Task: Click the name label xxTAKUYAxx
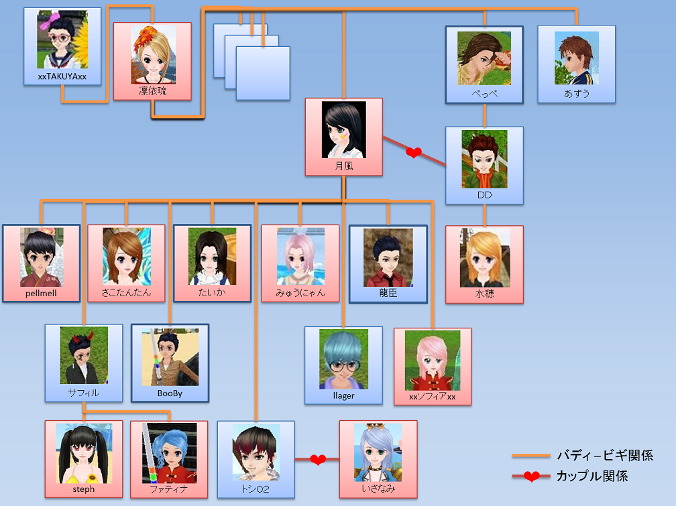click(x=62, y=77)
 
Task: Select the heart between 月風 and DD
click(x=414, y=153)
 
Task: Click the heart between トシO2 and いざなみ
click(x=318, y=460)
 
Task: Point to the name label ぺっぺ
click(x=484, y=94)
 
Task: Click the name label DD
click(x=484, y=195)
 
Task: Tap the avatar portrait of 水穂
click(x=484, y=257)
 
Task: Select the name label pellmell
click(x=42, y=294)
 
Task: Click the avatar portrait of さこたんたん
click(x=127, y=256)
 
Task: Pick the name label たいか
click(x=212, y=293)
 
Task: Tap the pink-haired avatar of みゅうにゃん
click(x=300, y=256)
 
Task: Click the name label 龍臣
click(x=388, y=293)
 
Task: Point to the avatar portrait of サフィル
click(x=84, y=355)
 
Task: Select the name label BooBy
click(x=170, y=393)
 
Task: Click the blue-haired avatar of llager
click(x=343, y=359)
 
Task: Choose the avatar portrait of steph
click(x=84, y=453)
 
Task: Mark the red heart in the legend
click(x=532, y=477)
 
